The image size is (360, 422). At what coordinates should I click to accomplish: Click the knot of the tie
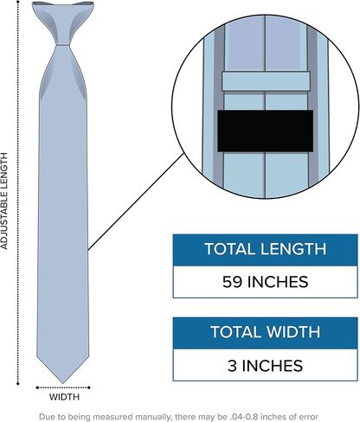pos(63,23)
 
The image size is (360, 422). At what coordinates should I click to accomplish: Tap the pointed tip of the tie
pos(63,383)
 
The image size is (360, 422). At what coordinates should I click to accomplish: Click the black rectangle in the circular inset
pos(265,131)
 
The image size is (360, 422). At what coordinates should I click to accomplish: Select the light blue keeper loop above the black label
pos(266,81)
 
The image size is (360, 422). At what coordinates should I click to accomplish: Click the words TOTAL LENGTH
pos(265,249)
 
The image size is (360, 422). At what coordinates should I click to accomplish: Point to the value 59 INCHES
pos(265,282)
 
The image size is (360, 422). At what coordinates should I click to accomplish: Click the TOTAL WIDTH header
pos(265,332)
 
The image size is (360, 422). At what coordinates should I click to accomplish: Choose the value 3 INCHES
pos(265,366)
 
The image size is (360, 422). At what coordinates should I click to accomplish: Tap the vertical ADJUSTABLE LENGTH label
pos(3,201)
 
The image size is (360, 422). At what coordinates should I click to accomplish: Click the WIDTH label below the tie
pos(64,397)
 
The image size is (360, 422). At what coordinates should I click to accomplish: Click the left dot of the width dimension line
pos(37,387)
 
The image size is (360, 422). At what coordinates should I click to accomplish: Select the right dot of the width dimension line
pos(89,387)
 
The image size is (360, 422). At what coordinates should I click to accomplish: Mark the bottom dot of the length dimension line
pos(18,384)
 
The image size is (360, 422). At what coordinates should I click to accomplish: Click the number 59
pos(232,282)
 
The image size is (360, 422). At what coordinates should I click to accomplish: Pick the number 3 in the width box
pos(232,366)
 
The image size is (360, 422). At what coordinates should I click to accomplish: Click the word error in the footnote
pos(308,417)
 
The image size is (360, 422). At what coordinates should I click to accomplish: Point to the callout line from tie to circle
pos(136,201)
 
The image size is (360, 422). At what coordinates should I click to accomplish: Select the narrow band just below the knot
pos(63,45)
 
